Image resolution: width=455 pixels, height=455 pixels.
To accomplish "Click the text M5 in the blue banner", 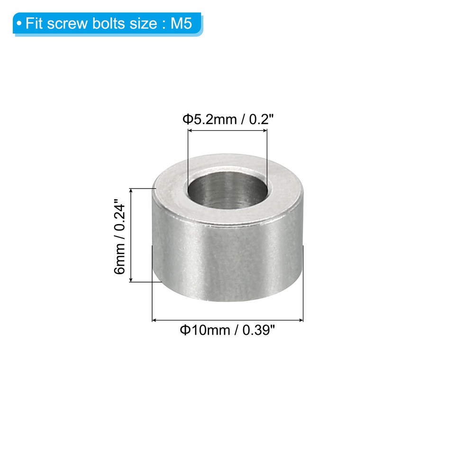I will click(x=182, y=24).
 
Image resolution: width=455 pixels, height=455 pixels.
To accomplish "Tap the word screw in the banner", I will click(x=64, y=24).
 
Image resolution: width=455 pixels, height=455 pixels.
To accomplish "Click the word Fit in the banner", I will click(x=34, y=24).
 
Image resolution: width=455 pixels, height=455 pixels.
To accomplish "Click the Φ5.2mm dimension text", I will click(x=209, y=119).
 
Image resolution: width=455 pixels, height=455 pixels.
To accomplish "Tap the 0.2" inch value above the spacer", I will click(x=259, y=119).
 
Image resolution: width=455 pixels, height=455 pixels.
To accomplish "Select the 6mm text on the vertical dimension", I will click(x=120, y=264).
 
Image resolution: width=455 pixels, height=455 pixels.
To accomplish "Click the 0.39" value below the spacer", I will click(x=259, y=330).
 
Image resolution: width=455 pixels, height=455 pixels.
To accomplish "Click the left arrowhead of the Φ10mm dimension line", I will click(x=154, y=321).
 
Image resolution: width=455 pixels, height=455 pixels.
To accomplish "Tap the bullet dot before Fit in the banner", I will click(x=19, y=24).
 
